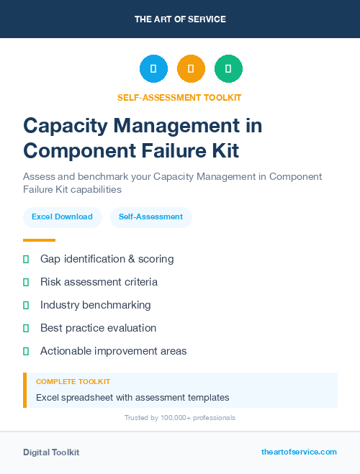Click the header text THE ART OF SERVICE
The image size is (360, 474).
(x=180, y=19)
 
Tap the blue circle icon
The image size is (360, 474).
(x=153, y=69)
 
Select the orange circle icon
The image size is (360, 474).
(x=191, y=69)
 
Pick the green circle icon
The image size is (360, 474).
(x=228, y=69)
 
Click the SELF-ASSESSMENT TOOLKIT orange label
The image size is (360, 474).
(x=180, y=97)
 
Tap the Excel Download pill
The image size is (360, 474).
(x=62, y=217)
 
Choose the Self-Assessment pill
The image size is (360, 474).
(x=150, y=217)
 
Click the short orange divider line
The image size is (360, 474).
(x=39, y=240)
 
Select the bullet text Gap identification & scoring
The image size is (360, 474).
(x=107, y=259)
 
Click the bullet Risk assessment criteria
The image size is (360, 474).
(x=99, y=282)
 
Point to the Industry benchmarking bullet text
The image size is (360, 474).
(x=95, y=305)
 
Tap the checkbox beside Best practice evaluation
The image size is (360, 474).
(x=26, y=328)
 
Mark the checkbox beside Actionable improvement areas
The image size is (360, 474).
(x=26, y=351)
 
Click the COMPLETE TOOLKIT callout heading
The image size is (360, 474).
(x=73, y=381)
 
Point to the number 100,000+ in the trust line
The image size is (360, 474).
(x=168, y=418)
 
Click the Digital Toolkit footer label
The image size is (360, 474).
(x=51, y=452)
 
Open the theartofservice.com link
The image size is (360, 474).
(x=299, y=452)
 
